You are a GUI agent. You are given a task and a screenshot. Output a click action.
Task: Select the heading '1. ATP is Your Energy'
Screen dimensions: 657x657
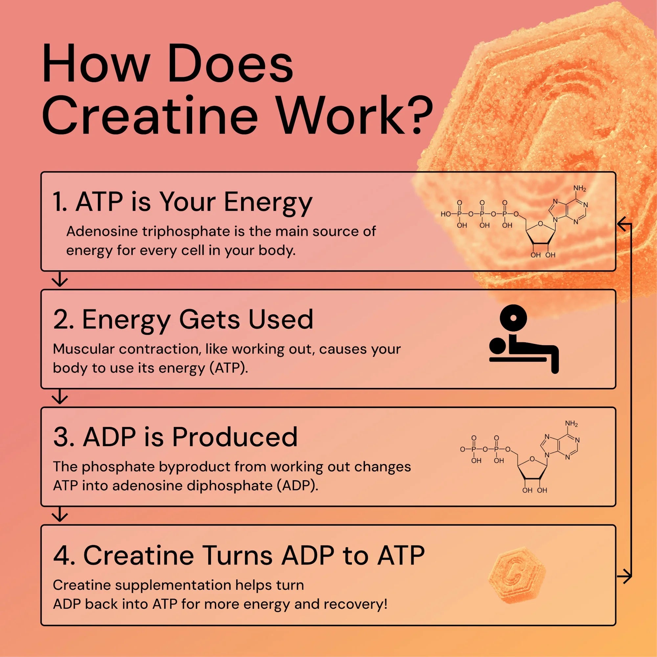182,202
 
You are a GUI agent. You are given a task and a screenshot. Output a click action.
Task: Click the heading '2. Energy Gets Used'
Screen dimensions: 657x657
183,320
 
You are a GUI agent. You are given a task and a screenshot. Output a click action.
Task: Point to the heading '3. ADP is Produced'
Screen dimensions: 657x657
175,437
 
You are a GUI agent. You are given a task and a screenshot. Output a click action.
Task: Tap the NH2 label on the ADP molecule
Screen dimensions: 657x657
571,424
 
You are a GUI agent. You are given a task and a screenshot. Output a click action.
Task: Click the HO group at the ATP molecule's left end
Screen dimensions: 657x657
445,214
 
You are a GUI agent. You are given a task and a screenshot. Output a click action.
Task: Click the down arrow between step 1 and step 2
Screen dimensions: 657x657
60,280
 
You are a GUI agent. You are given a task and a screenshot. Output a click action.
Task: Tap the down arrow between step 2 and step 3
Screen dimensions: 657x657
60,397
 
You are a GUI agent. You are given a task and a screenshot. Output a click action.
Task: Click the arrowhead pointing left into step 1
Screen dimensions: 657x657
622,224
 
